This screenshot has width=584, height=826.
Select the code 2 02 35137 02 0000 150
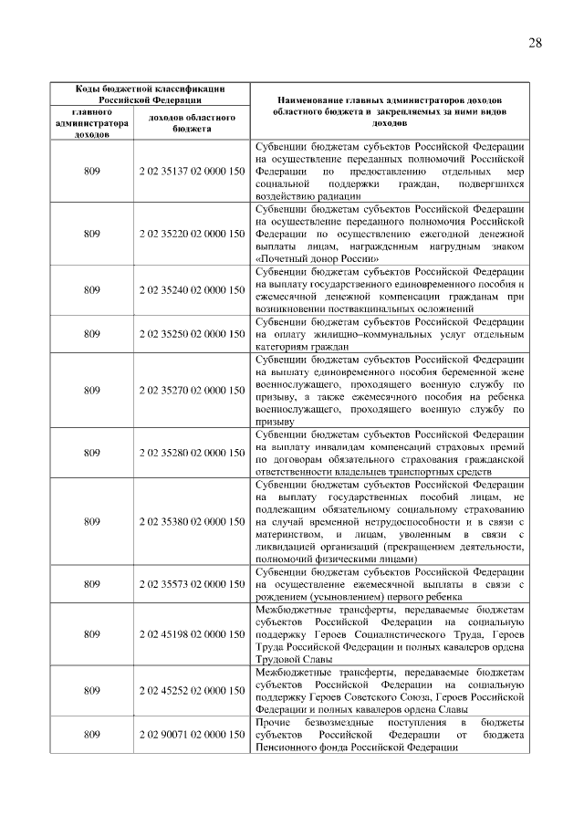tap(192, 171)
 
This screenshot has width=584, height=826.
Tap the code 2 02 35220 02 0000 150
tap(192, 234)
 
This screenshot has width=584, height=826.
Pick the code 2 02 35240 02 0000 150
tap(192, 290)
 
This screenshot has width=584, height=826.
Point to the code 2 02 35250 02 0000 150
tap(192, 334)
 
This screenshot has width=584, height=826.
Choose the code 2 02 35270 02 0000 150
tap(192, 391)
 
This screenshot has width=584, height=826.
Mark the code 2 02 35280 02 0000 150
tap(192, 453)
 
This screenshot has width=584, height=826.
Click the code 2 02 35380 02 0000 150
tap(192, 521)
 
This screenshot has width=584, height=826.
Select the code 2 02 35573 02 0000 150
tap(192, 583)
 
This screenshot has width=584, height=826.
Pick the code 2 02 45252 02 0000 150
tap(192, 691)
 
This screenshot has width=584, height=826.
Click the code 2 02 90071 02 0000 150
tap(192, 735)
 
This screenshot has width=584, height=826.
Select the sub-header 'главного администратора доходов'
tap(92, 122)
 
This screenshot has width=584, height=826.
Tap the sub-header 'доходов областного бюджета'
tap(192, 123)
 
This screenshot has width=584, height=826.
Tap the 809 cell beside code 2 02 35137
tap(92, 171)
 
